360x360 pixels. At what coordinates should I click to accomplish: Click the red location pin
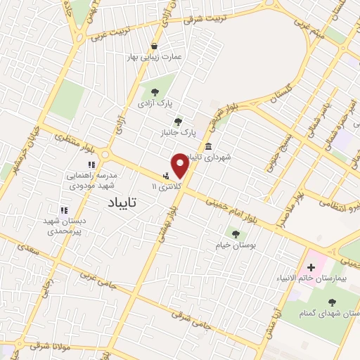(180, 165)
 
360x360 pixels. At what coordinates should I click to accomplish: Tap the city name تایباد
(122, 202)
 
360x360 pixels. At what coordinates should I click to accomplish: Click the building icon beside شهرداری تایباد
(208, 146)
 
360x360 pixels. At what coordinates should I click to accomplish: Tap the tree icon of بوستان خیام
(236, 233)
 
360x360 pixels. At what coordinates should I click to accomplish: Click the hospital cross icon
(311, 268)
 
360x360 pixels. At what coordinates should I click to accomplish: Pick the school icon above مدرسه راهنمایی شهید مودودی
(91, 165)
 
